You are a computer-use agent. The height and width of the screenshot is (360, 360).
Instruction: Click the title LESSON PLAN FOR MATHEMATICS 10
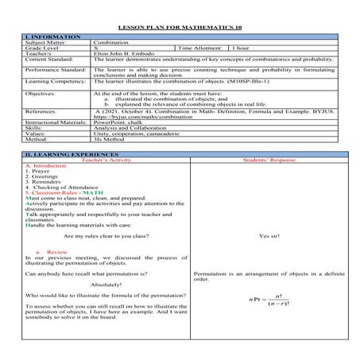pyautogui.click(x=180, y=27)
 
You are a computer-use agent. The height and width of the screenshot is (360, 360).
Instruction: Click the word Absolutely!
pyautogui.click(x=106, y=284)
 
